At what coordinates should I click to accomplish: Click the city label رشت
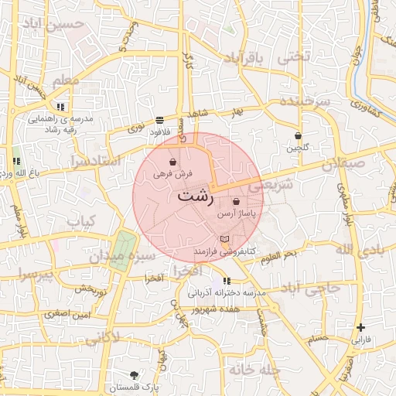pyautogui.click(x=196, y=196)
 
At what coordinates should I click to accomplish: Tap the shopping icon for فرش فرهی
pyautogui.click(x=172, y=162)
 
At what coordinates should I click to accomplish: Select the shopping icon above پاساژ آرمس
pyautogui.click(x=236, y=201)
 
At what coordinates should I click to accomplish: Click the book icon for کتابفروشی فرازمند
pyautogui.click(x=225, y=240)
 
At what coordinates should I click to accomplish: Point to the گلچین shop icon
pyautogui.click(x=298, y=136)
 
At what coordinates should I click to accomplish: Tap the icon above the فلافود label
pyautogui.click(x=159, y=121)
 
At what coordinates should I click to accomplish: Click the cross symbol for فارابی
pyautogui.click(x=361, y=328)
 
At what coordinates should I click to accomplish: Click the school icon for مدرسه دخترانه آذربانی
pyautogui.click(x=227, y=281)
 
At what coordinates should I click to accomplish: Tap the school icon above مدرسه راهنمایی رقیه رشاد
pyautogui.click(x=60, y=107)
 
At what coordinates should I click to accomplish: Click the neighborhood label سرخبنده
pyautogui.click(x=306, y=102)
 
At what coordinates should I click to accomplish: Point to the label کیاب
pyautogui.click(x=80, y=222)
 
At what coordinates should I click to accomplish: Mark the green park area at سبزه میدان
pyautogui.click(x=121, y=249)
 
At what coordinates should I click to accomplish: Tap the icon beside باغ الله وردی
pyautogui.click(x=15, y=162)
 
